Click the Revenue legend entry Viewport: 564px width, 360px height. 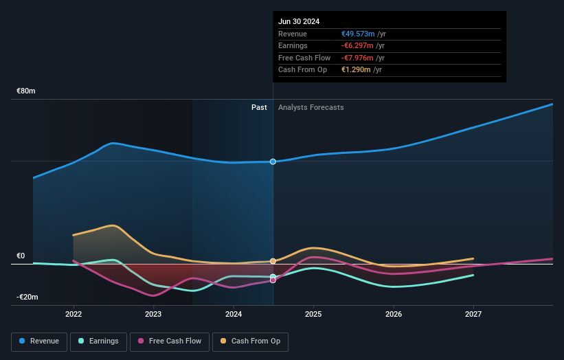(x=39, y=341)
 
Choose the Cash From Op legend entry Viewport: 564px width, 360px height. (x=250, y=341)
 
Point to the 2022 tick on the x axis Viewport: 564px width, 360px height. (x=74, y=314)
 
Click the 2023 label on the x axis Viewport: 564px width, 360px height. (x=153, y=314)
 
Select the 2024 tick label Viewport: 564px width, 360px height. (x=234, y=314)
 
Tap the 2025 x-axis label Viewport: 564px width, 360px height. (x=313, y=314)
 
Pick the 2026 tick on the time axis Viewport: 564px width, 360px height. (x=394, y=314)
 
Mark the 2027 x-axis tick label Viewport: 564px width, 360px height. (x=473, y=314)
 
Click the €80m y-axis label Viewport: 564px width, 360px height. (x=26, y=91)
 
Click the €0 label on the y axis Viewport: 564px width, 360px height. (x=21, y=256)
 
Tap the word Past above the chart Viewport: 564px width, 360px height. (x=259, y=107)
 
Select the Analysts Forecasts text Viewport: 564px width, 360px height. (x=311, y=107)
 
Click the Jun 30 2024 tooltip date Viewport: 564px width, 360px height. (x=299, y=22)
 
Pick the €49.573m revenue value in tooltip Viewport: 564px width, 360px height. (x=358, y=34)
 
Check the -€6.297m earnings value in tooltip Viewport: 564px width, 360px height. (x=357, y=46)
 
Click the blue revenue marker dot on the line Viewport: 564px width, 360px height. (x=273, y=161)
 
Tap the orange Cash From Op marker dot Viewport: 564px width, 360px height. (x=273, y=261)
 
